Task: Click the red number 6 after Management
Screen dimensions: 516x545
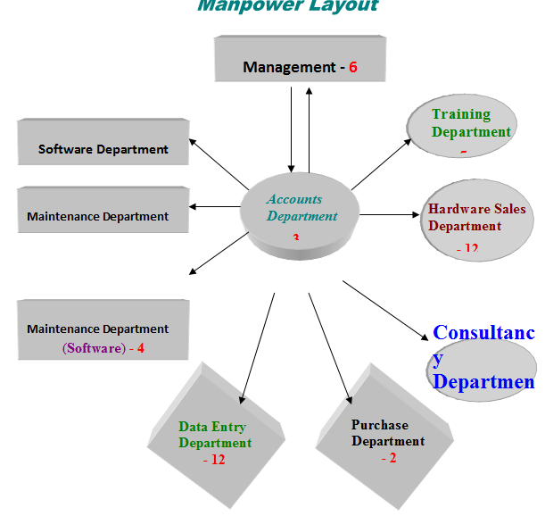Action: [353, 67]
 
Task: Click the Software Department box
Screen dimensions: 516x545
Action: [103, 143]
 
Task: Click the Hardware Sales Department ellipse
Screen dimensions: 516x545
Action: [475, 220]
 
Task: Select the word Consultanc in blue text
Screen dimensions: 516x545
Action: [483, 333]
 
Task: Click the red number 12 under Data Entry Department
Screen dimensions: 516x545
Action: [214, 460]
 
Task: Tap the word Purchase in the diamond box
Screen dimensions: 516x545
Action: [379, 425]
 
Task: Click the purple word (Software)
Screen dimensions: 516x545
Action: [93, 347]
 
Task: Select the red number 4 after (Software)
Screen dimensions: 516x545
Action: [140, 347]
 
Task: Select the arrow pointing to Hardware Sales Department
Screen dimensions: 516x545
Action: [392, 214]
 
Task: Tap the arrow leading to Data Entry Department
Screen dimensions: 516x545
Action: [259, 345]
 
